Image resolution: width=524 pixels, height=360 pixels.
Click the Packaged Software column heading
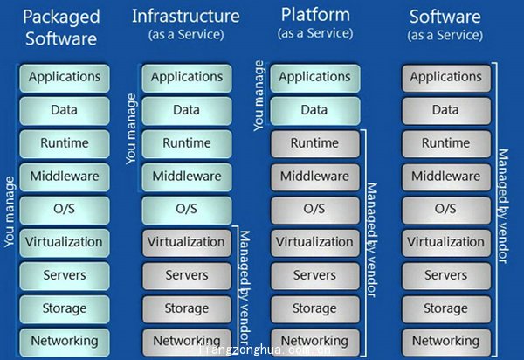tap(61, 26)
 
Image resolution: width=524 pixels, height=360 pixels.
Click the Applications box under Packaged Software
tap(64, 77)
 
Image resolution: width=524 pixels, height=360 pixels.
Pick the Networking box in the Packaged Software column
tap(64, 341)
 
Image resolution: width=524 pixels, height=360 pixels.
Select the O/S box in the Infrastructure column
tap(186, 209)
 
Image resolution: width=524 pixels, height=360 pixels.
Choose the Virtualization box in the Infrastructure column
tap(186, 242)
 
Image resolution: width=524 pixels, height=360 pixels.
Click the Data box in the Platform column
tap(314, 110)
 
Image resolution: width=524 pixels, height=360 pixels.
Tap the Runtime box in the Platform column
tap(314, 143)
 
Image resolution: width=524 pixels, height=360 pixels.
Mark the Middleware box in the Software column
tap(445, 176)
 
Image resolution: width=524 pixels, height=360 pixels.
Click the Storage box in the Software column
tap(445, 308)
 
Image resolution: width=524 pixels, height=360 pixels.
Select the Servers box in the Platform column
tap(314, 275)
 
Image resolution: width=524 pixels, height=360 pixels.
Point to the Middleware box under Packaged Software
tap(64, 176)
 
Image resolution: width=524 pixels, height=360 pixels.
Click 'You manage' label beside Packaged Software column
tap(10, 211)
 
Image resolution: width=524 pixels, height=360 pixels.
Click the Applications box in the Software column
tap(445, 77)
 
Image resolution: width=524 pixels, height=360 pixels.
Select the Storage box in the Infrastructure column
tap(186, 308)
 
